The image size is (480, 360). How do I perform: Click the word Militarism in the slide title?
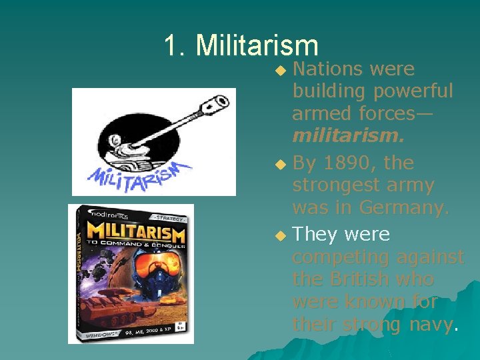(x=257, y=46)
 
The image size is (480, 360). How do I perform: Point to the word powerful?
(x=413, y=91)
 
